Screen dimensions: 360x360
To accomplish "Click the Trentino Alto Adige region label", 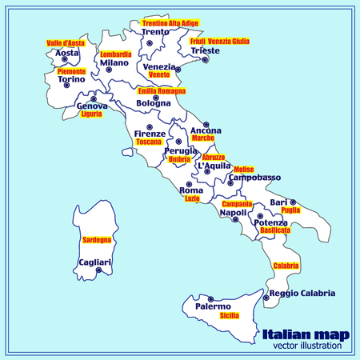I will (170, 23).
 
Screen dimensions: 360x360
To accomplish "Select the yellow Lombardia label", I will (116, 54).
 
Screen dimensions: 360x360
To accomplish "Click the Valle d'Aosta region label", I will (66, 43).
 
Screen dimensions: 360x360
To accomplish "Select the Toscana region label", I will (149, 142).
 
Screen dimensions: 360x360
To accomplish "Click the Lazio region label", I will (192, 198).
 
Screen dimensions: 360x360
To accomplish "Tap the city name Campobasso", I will (255, 177).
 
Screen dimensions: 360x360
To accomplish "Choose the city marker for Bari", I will (294, 202).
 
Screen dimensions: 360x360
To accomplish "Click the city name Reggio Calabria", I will (302, 294).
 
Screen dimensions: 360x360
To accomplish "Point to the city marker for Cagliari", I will (99, 270).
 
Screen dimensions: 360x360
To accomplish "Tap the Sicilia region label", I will (230, 316).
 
